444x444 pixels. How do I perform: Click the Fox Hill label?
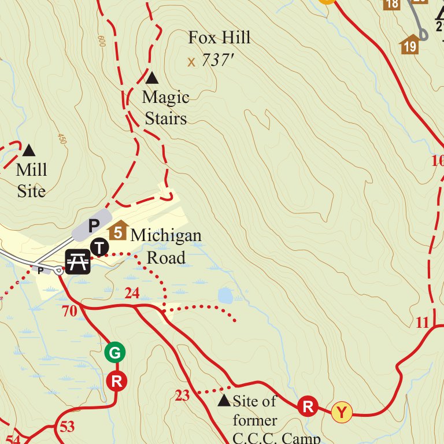[219, 38]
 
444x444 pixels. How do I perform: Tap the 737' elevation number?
[217, 60]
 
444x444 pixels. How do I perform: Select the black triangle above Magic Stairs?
[151, 77]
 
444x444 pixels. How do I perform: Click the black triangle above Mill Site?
[28, 151]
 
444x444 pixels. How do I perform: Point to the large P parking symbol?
[93, 225]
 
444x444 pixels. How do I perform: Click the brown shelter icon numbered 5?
[118, 232]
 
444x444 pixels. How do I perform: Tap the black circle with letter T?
[100, 247]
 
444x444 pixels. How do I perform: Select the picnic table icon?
[78, 261]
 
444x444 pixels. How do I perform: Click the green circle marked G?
[115, 352]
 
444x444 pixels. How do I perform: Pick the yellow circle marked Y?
[342, 413]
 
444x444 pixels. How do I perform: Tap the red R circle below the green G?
[116, 381]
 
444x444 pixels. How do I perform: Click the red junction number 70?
[69, 312]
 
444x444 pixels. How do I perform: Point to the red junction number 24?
[132, 294]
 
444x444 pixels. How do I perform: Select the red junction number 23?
[182, 396]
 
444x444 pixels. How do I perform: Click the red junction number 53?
[66, 427]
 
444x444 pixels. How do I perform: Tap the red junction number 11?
[423, 323]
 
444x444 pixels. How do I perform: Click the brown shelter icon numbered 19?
[409, 45]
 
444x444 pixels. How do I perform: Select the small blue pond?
[225, 297]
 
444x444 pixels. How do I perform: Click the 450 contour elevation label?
[61, 139]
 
